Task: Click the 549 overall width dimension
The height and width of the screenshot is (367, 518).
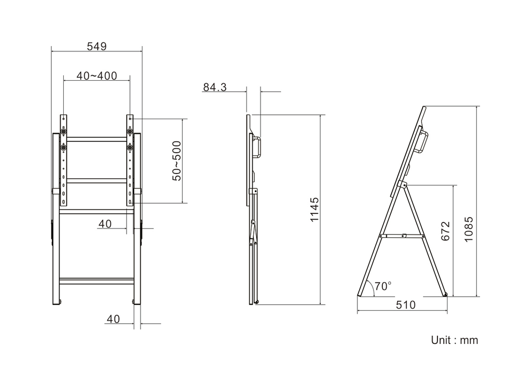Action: [97, 46]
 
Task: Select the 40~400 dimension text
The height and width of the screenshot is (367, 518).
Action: [97, 76]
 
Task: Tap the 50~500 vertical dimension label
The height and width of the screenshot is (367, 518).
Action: [177, 161]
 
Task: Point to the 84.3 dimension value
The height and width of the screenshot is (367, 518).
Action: [215, 87]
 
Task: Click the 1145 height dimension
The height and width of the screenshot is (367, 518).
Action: [315, 209]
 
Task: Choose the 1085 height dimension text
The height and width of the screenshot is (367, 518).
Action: [469, 229]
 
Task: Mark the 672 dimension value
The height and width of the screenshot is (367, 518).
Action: [445, 231]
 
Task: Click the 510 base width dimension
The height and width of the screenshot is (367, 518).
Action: [406, 305]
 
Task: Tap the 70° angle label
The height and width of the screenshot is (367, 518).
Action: [383, 286]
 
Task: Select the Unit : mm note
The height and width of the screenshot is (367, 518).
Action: [455, 340]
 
